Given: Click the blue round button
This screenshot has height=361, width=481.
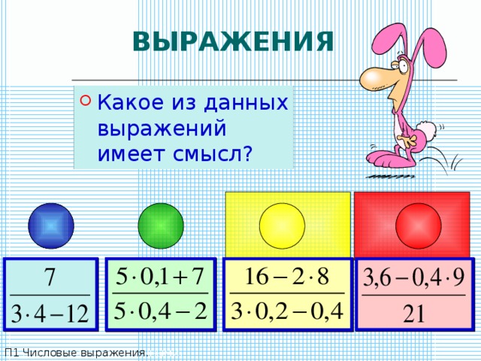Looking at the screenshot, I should pos(51,226).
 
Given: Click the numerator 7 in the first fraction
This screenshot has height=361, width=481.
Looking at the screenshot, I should pos(50,277).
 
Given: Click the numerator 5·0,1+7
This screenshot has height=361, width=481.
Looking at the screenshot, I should pos(161,275).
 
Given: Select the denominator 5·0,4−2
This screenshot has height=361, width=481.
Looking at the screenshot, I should pos(161,311).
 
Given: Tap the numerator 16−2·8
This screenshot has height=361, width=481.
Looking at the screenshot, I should pos(287,275).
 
